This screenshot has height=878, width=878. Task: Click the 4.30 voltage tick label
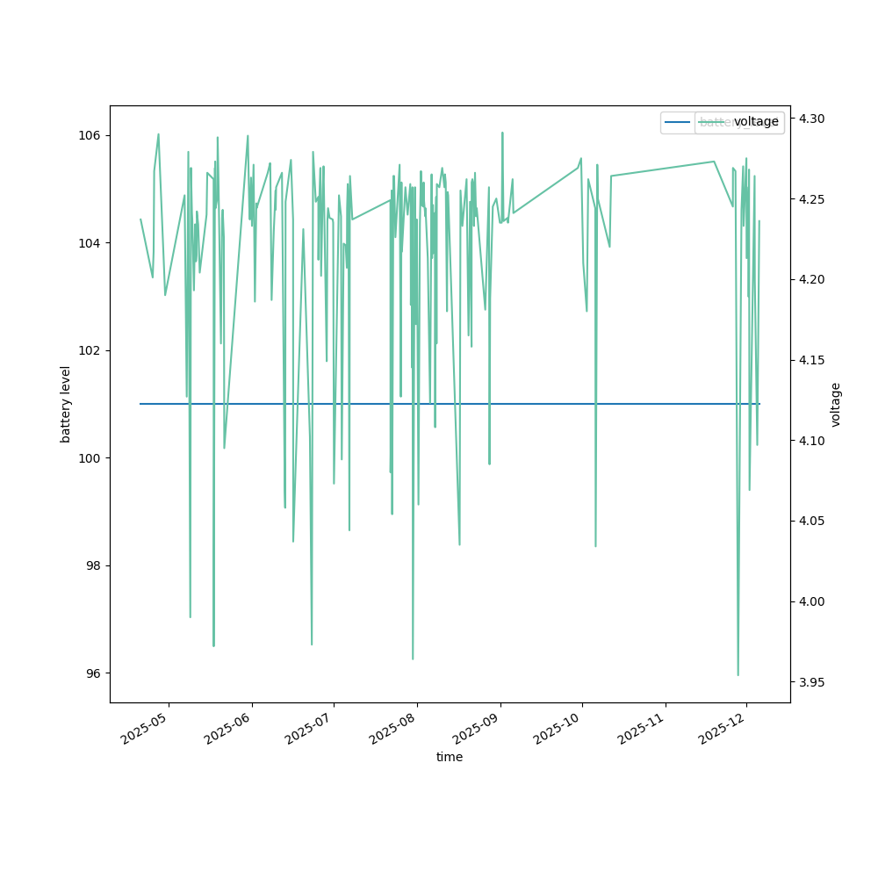812,119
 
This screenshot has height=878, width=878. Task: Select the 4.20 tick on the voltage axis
812,279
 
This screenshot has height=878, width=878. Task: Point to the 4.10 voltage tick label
812,441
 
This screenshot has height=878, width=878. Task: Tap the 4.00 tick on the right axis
812,601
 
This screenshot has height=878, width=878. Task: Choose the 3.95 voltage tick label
812,682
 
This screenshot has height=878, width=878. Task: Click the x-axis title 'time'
450,757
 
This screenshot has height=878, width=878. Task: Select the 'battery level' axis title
66,404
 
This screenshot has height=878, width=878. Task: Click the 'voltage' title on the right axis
836,404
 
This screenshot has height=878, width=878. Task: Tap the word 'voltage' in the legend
756,122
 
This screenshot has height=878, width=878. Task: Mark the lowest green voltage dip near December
738,674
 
